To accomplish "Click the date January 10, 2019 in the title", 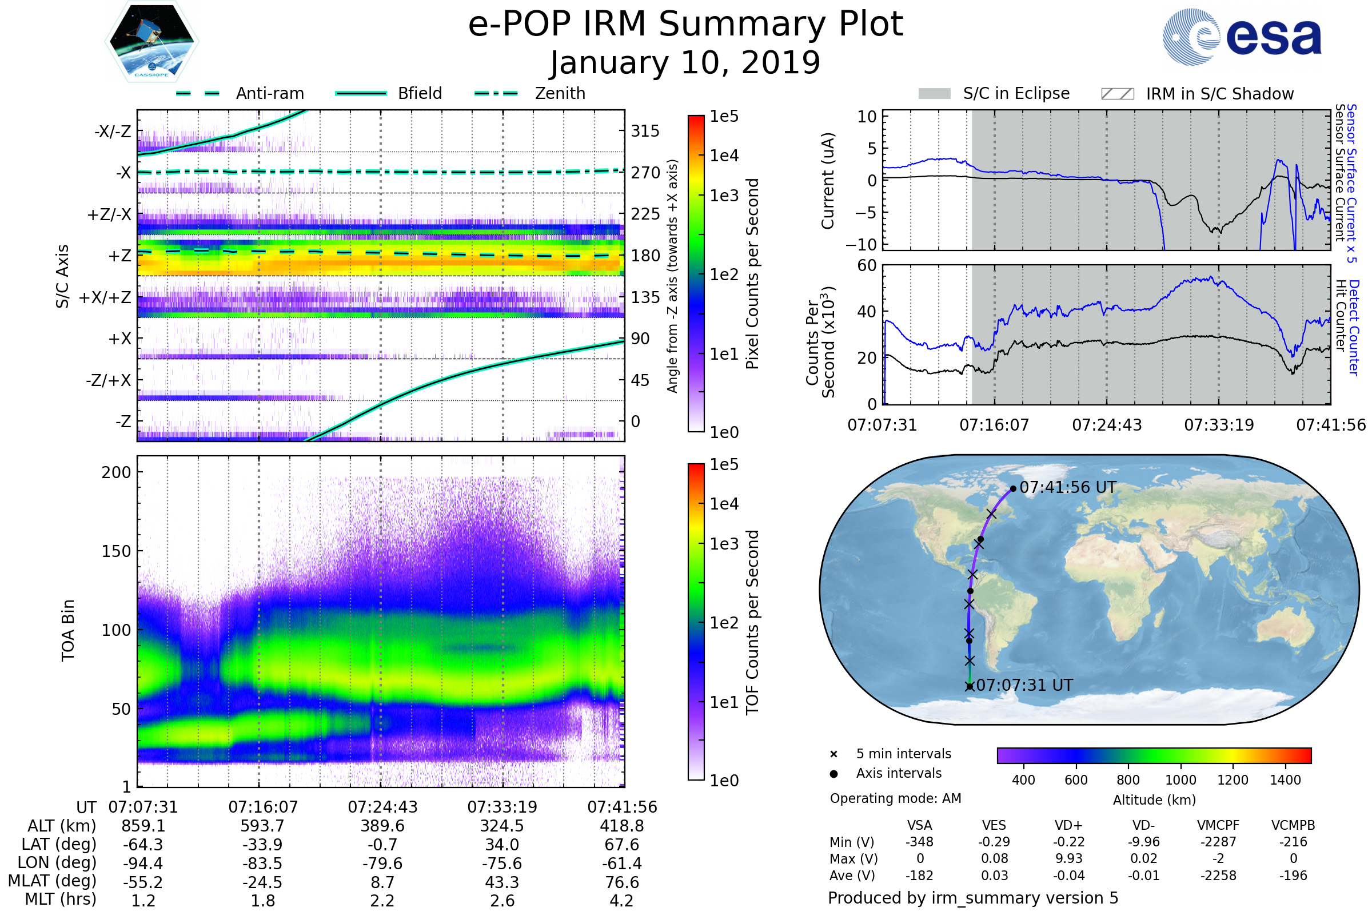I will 685,63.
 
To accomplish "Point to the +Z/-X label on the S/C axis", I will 109,215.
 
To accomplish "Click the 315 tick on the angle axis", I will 645,132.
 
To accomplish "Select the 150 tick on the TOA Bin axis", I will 116,551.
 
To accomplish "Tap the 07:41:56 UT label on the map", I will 1067,488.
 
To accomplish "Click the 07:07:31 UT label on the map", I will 1024,685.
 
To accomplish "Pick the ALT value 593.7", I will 262,826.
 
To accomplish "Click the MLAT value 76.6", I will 622,882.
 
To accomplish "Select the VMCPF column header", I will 1218,826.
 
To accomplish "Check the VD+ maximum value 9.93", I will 1068,859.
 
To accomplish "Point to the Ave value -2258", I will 1218,876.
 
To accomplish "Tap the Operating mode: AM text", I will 895,798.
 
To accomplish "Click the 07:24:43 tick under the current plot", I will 1107,425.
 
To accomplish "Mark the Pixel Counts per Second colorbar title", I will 752,274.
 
